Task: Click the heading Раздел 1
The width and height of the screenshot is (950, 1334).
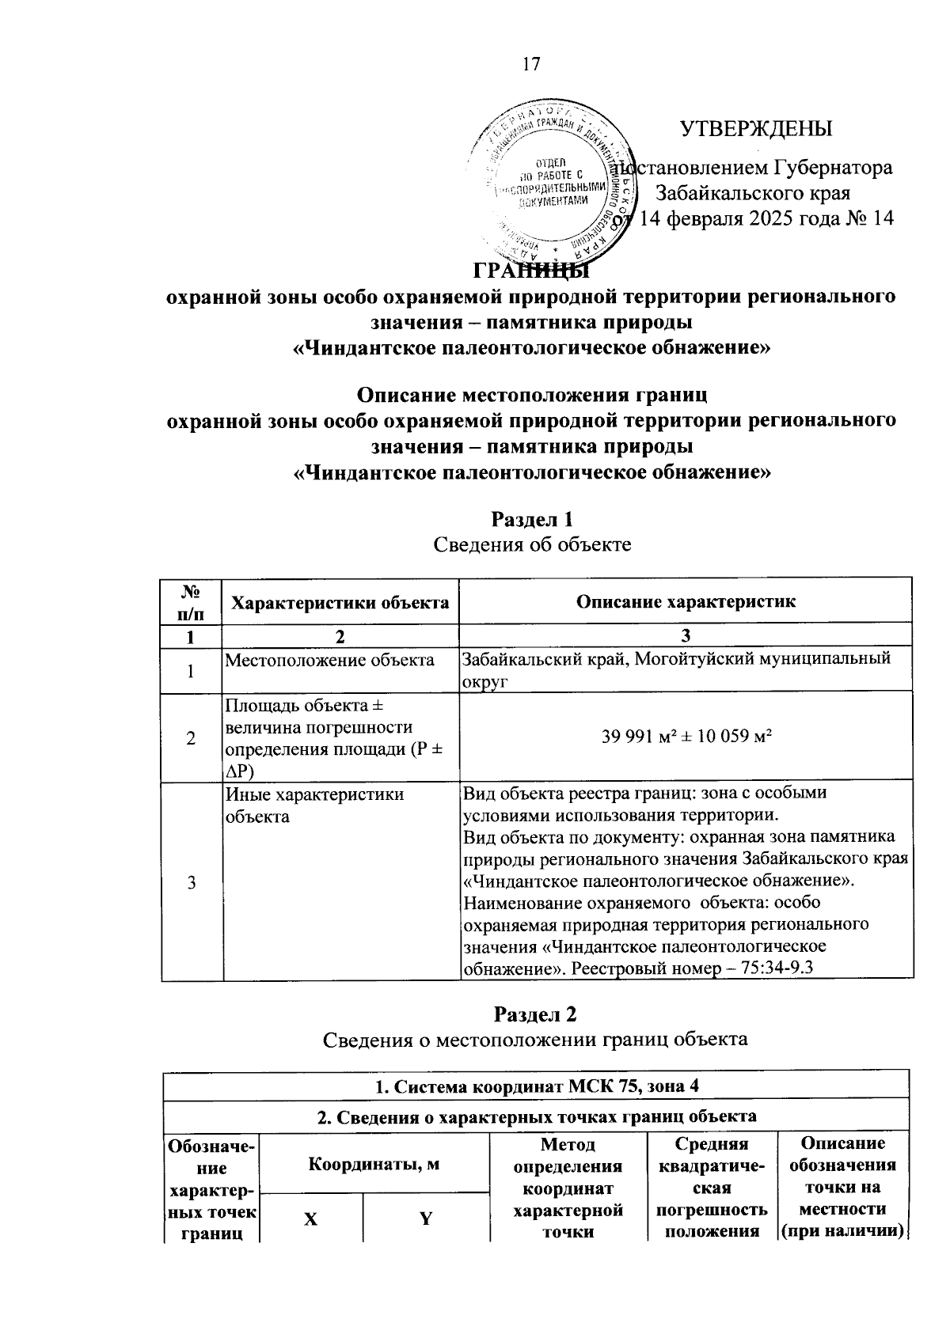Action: click(532, 520)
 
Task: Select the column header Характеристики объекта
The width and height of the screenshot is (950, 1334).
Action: click(340, 602)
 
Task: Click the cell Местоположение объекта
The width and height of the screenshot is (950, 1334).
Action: click(330, 660)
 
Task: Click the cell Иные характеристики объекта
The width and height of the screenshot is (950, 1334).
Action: click(314, 805)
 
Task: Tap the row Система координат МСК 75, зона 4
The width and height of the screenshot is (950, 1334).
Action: click(536, 1086)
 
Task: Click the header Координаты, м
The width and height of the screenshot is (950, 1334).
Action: click(374, 1164)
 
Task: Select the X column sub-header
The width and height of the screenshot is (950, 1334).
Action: click(311, 1218)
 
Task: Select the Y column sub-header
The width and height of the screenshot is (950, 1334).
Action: click(426, 1218)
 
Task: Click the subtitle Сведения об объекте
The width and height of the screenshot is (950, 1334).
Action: click(532, 545)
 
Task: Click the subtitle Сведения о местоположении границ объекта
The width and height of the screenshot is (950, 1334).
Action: click(536, 1039)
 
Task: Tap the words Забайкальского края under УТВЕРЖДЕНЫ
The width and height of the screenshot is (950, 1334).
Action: click(753, 193)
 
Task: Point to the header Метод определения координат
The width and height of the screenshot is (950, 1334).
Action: click(568, 1188)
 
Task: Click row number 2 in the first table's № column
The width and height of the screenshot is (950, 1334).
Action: click(191, 738)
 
